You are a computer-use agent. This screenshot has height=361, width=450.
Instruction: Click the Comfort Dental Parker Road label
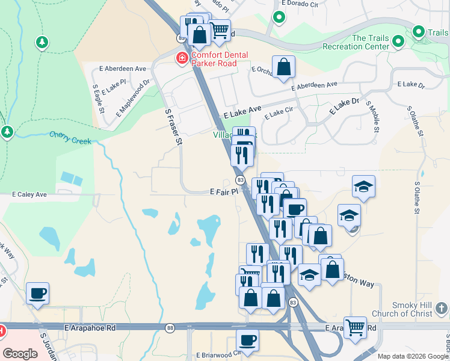point(220,58)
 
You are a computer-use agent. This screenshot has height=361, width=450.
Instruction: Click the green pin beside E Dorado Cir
point(279,17)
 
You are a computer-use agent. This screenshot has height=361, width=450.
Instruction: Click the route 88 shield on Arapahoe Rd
point(170,328)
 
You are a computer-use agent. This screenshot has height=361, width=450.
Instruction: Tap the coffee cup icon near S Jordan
point(37,293)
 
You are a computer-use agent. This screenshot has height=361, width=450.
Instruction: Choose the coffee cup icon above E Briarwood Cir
point(247,340)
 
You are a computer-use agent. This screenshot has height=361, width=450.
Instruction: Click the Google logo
point(20,354)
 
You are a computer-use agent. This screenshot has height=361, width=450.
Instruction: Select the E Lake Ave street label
point(242,112)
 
